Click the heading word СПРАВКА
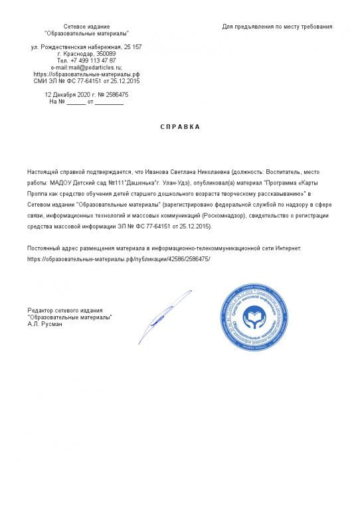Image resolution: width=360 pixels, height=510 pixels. tap(179, 126)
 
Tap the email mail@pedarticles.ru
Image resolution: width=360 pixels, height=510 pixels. tap(96, 67)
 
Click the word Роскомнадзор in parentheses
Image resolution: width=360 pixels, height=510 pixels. tap(224, 216)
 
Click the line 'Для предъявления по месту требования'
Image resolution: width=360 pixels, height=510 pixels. tap(276, 27)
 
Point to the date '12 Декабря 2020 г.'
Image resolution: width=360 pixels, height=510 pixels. tap(70, 95)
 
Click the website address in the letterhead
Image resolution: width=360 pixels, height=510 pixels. tap(86, 74)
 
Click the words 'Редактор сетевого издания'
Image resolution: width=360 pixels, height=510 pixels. tap(65, 310)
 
